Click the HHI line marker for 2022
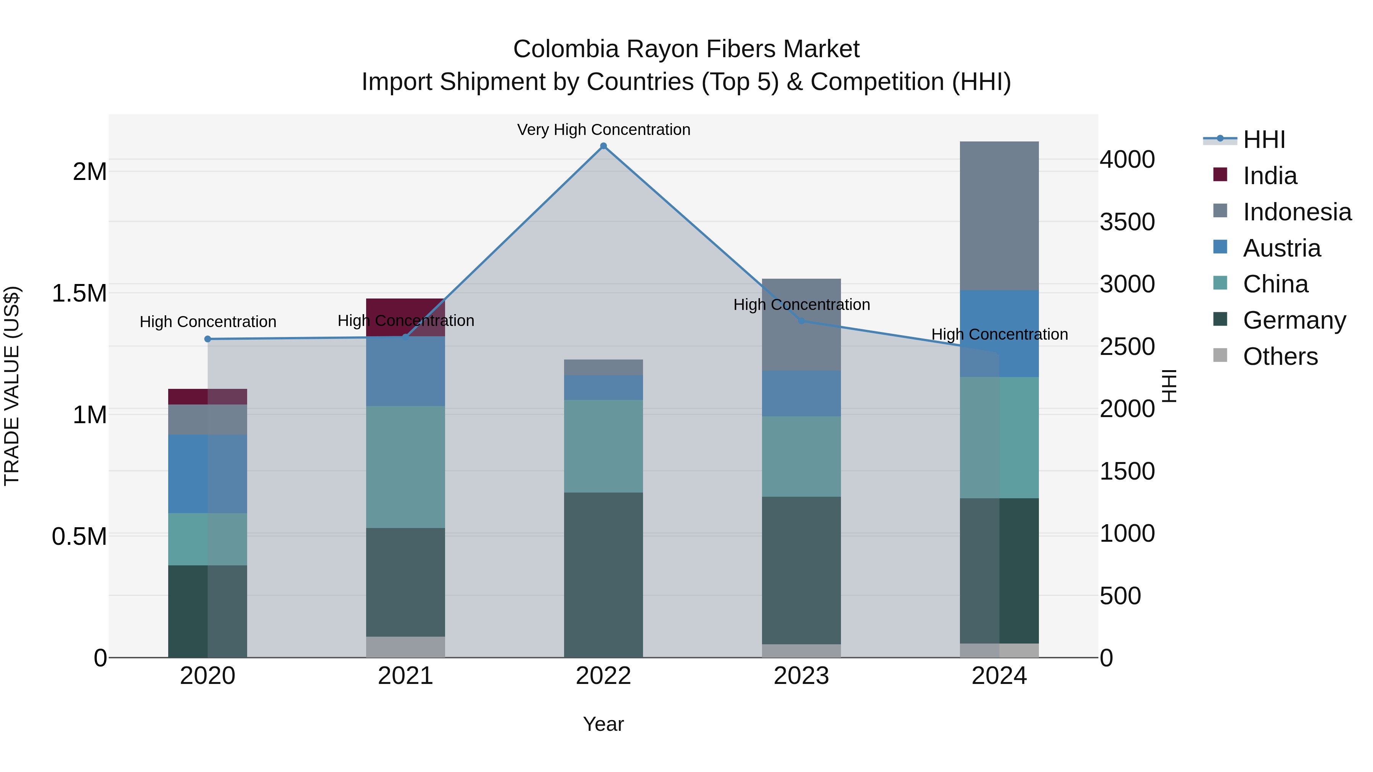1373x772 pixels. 603,146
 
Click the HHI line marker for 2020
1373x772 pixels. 208,339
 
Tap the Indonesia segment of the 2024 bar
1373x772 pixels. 999,216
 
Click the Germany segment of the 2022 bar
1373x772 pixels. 603,575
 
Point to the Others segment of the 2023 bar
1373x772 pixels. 801,650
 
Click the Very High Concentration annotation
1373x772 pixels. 603,130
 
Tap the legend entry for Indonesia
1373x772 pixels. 1296,212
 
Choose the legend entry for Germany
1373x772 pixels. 1294,320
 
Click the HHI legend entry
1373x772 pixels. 1263,140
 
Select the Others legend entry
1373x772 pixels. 1280,356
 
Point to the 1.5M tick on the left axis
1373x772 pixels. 79,294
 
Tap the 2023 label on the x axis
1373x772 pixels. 801,676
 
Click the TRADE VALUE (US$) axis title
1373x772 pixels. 12,386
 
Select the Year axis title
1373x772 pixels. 603,724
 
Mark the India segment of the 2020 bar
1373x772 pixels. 208,396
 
